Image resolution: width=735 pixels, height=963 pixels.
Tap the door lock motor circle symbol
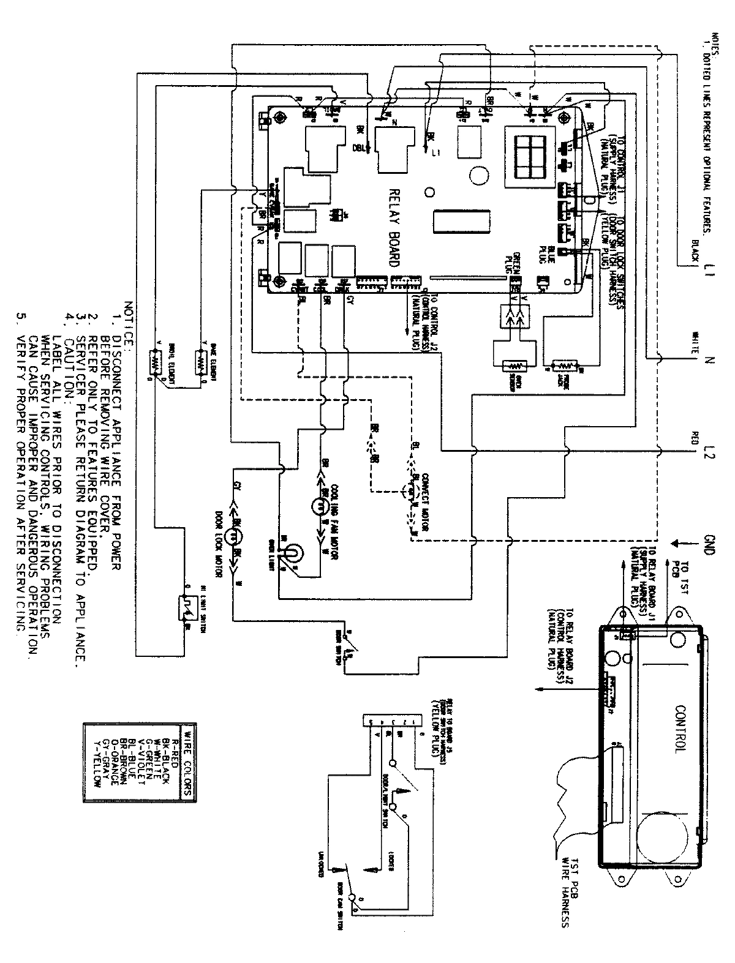(233, 536)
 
